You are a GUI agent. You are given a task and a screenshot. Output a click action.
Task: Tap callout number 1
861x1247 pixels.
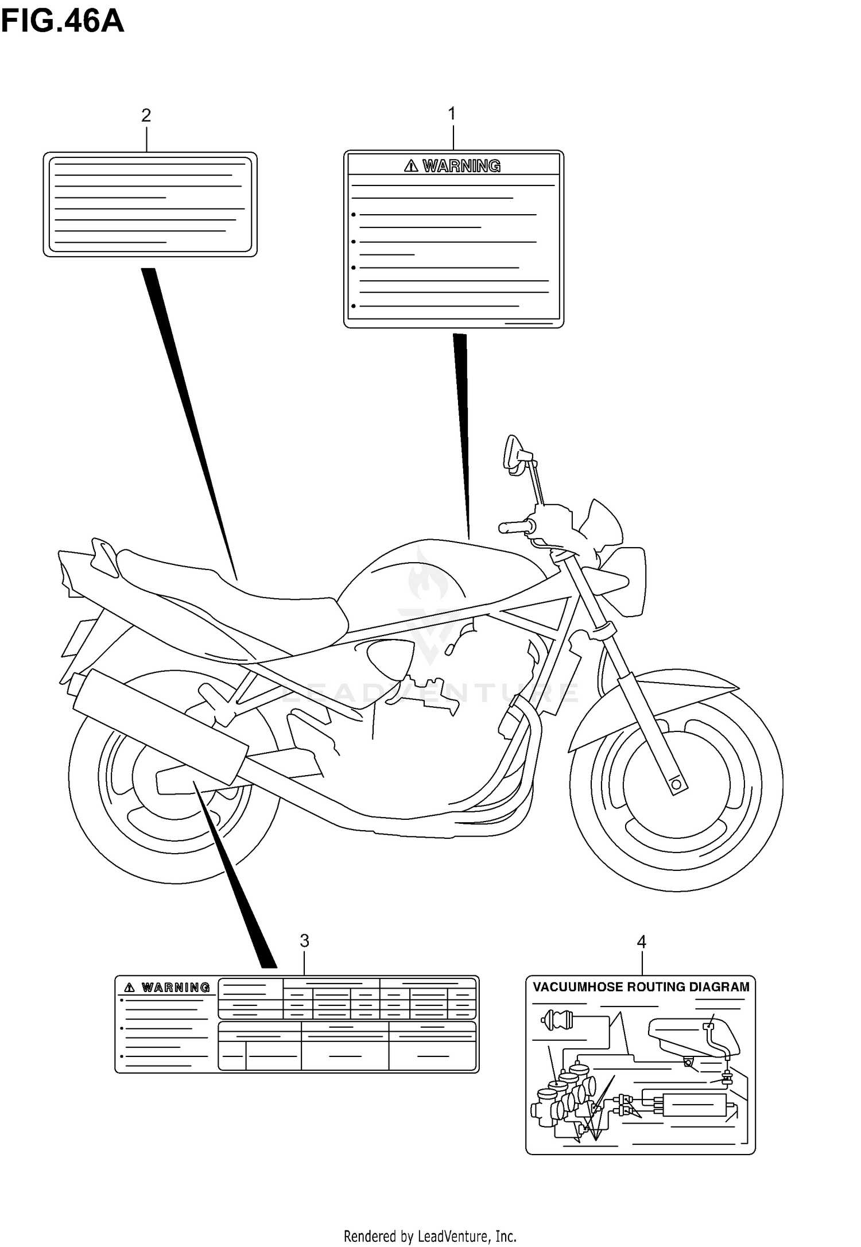point(452,114)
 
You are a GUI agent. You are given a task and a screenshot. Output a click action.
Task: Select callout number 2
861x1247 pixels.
point(146,115)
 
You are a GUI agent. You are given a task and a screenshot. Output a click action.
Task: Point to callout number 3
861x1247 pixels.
point(304,940)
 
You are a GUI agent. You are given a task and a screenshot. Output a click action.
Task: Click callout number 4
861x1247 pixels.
point(641,942)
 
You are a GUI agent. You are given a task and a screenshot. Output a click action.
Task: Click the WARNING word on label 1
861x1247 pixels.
point(461,166)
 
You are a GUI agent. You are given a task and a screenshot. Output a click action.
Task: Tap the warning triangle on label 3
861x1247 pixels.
point(130,987)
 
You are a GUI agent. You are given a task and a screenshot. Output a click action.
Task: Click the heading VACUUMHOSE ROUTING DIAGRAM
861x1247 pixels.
point(641,987)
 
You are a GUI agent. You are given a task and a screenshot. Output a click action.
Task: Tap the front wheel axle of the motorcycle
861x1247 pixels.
point(677,784)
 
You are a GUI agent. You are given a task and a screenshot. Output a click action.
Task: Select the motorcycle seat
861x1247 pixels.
point(230,597)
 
